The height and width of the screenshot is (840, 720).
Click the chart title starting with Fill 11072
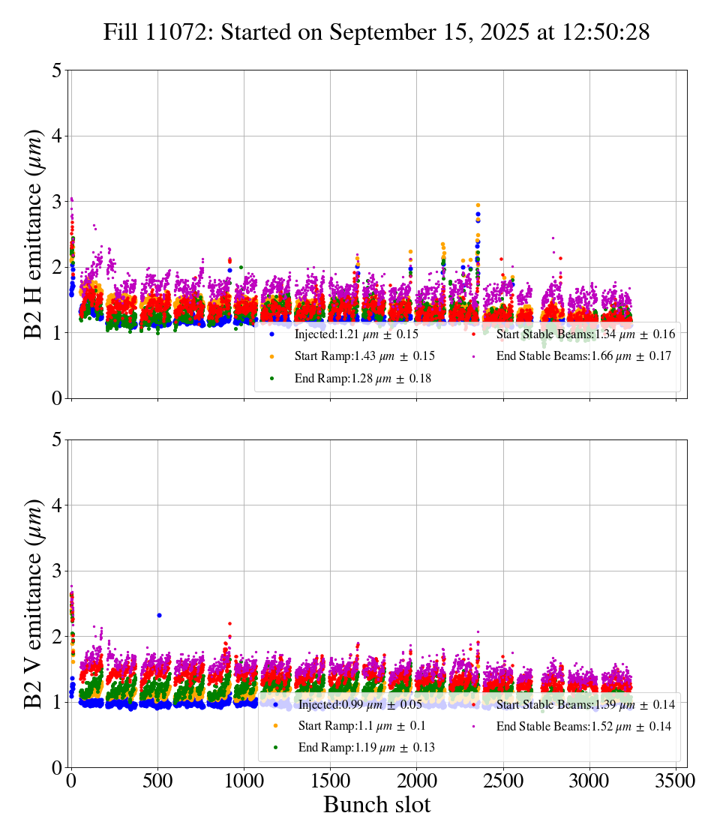(376, 32)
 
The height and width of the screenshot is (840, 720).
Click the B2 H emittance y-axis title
(34, 234)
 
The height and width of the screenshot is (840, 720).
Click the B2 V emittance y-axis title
(34, 603)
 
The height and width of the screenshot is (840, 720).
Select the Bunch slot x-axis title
(376, 805)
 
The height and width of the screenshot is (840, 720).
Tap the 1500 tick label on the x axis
(330, 780)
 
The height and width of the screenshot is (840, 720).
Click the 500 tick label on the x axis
(157, 780)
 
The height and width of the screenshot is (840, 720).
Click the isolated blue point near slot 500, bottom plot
(159, 615)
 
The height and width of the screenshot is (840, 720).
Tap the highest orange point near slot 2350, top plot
(478, 205)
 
